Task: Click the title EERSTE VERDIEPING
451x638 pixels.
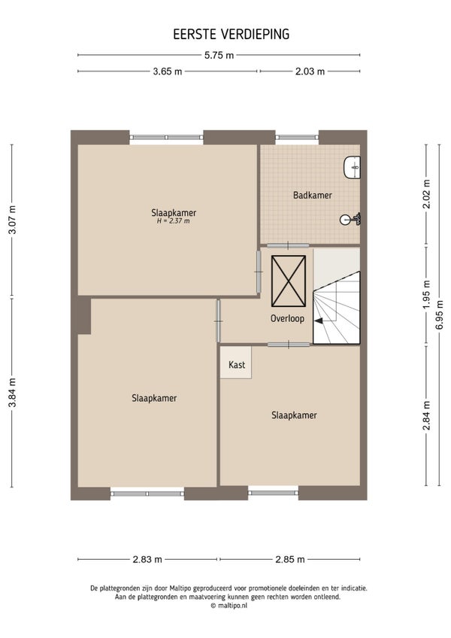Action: [x=231, y=34]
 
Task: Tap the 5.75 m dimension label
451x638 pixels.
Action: [x=219, y=56]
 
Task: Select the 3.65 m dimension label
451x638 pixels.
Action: [x=167, y=71]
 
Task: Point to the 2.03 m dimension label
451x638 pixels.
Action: [x=310, y=71]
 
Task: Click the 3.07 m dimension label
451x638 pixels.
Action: [x=13, y=220]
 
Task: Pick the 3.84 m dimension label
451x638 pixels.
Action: [x=13, y=393]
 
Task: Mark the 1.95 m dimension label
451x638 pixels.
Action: [x=427, y=295]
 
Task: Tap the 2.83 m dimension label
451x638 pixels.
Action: [x=147, y=560]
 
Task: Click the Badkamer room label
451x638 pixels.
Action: [x=313, y=196]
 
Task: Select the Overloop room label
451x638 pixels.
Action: [x=287, y=318]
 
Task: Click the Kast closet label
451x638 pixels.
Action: [x=237, y=365]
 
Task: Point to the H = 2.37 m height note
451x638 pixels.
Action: [x=173, y=221]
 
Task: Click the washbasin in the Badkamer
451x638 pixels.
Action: [x=353, y=167]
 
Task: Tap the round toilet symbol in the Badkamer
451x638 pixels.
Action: [x=350, y=220]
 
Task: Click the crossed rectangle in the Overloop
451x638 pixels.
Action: [x=289, y=281]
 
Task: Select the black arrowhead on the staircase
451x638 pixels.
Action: [x=319, y=321]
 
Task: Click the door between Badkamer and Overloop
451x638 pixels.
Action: [x=288, y=245]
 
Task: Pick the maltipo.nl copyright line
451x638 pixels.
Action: [x=229, y=606]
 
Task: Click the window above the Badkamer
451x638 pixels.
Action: [x=296, y=138]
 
